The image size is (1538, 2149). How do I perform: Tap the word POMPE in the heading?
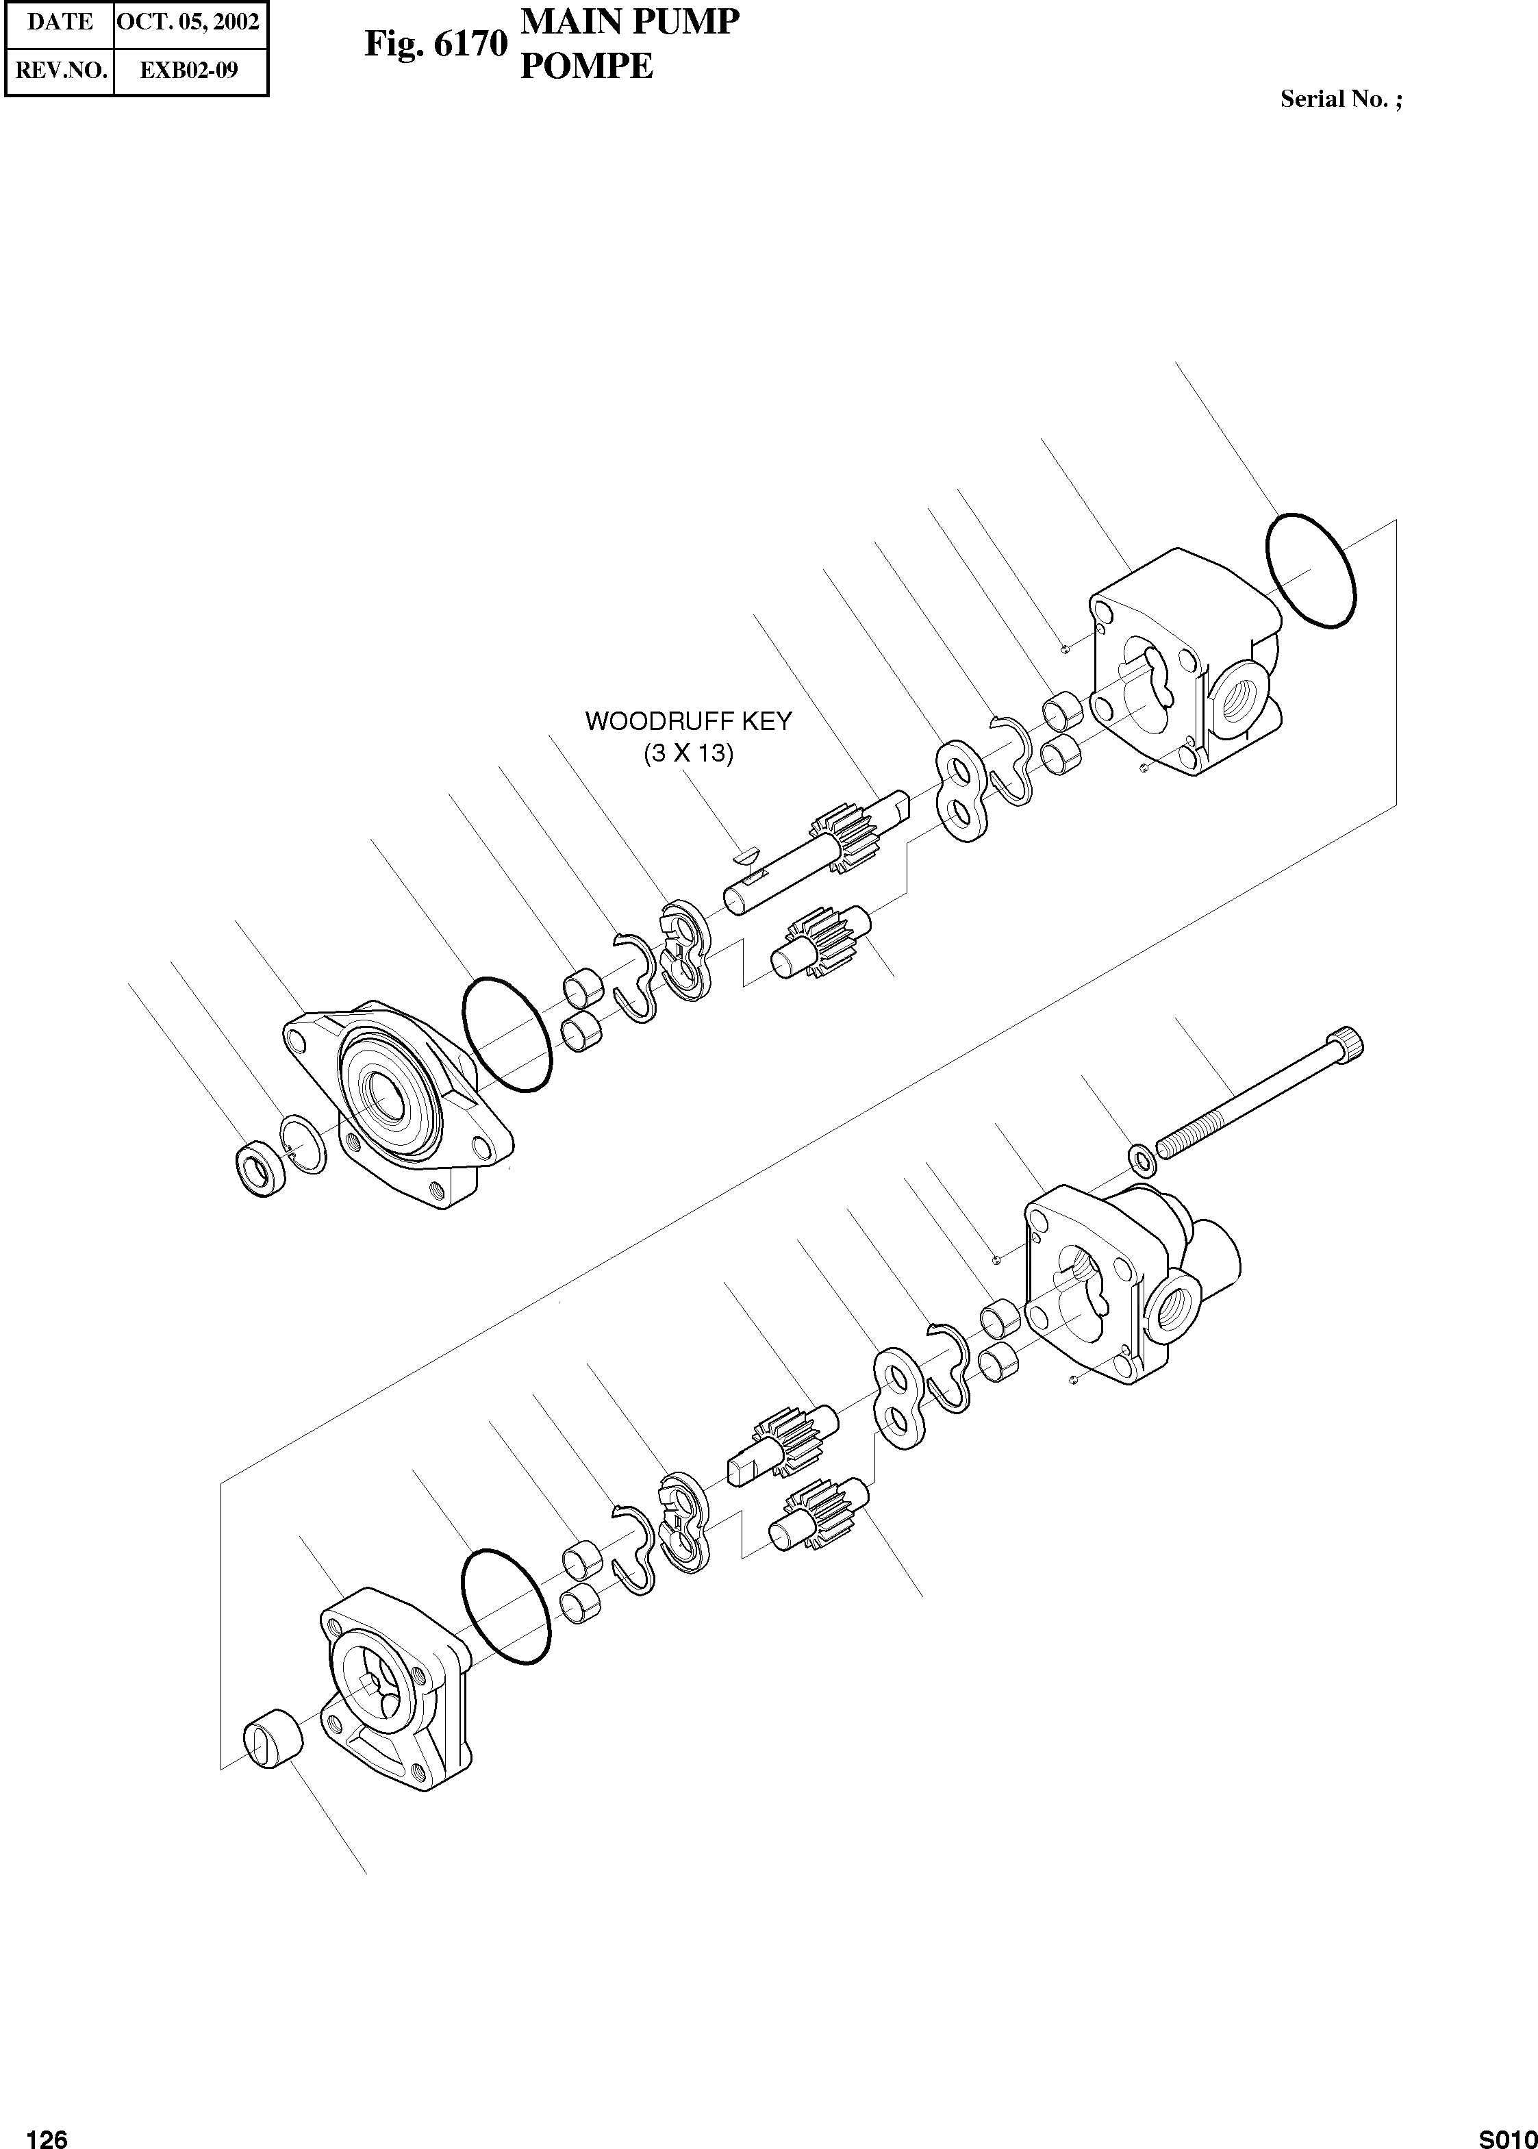click(x=586, y=66)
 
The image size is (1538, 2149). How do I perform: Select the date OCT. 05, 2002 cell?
click(x=188, y=22)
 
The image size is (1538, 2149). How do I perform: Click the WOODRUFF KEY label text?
click(x=688, y=720)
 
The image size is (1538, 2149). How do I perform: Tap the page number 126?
click(x=47, y=2132)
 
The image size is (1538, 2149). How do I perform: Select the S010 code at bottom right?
click(x=1508, y=2133)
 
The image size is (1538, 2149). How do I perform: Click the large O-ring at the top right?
click(x=1311, y=570)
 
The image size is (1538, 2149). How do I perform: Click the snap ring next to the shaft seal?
click(x=304, y=1143)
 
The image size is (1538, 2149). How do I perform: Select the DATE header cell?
click(x=60, y=22)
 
